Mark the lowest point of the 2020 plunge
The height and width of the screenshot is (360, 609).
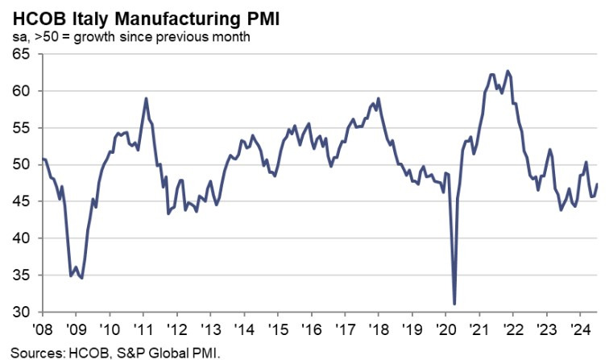(x=455, y=304)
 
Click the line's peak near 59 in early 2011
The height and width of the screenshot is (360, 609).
(x=146, y=98)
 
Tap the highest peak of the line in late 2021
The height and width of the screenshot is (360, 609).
(x=507, y=71)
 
